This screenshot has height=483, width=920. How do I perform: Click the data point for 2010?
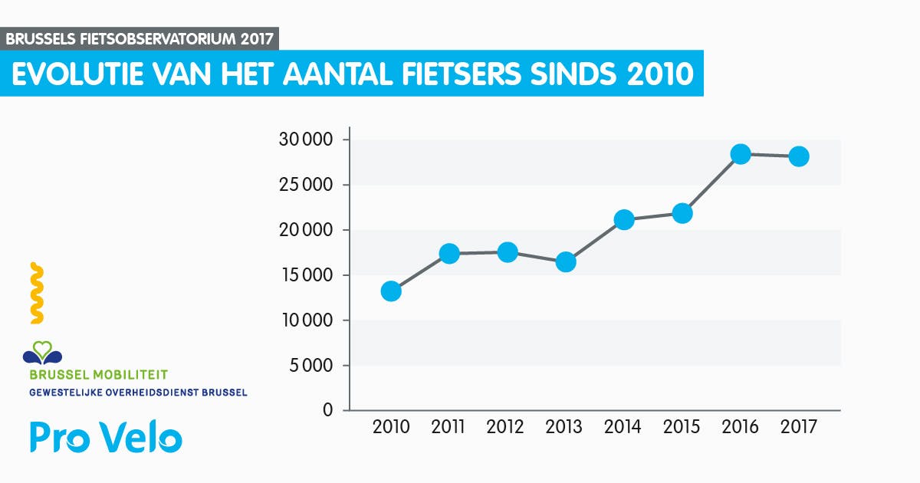(x=391, y=291)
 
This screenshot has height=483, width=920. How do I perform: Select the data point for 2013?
(x=566, y=262)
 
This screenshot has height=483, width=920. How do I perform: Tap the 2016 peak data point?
(x=741, y=154)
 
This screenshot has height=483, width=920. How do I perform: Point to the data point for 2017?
(x=799, y=156)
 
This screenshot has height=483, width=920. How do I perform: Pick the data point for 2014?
(x=624, y=220)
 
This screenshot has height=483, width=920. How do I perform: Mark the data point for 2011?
(x=449, y=254)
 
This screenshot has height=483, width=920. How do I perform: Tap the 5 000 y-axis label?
(x=311, y=366)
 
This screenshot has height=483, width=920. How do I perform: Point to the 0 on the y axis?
(x=327, y=410)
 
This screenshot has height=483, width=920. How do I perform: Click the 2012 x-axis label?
(x=505, y=427)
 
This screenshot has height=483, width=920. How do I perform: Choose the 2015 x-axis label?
(x=682, y=427)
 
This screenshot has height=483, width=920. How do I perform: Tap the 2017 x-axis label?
(x=799, y=427)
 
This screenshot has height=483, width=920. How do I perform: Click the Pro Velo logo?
(x=106, y=437)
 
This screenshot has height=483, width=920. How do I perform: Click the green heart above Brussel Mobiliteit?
(x=43, y=350)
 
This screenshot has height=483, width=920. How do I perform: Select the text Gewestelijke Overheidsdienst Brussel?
(x=138, y=393)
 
